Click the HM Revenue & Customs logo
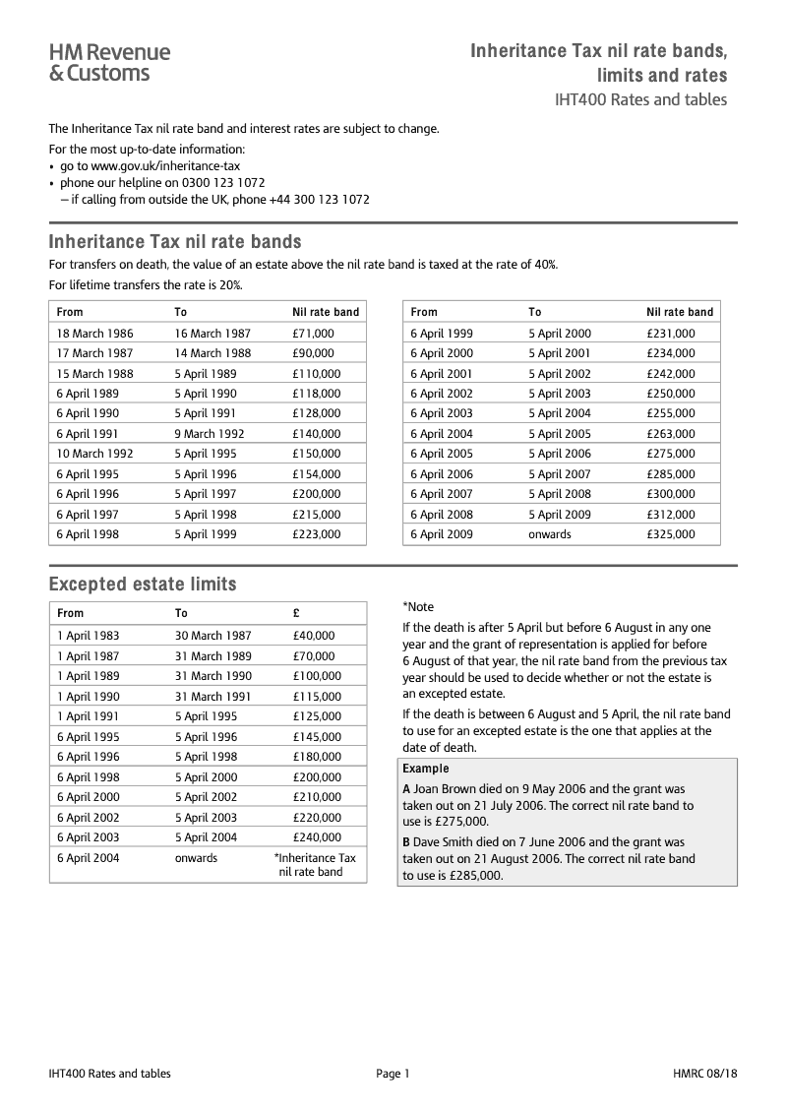(x=109, y=62)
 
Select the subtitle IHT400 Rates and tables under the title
(x=640, y=99)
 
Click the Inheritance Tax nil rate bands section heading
(x=175, y=241)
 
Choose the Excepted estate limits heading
(x=143, y=585)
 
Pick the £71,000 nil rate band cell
(x=313, y=334)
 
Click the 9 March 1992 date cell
(x=210, y=434)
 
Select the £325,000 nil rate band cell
(x=670, y=534)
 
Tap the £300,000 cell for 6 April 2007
(x=670, y=494)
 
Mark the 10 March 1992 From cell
(x=94, y=454)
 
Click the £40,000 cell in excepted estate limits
(x=313, y=636)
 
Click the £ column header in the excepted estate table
(x=296, y=613)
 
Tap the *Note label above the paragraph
(x=418, y=607)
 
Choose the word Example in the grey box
(x=425, y=769)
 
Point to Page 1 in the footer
(x=393, y=1074)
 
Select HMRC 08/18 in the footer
(x=704, y=1074)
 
